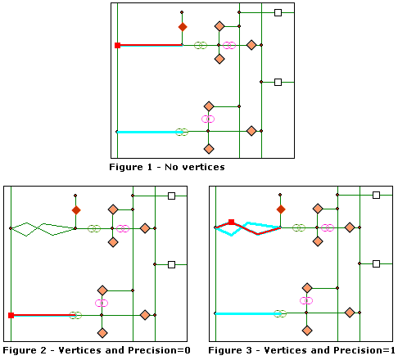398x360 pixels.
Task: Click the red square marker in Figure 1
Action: tap(118, 45)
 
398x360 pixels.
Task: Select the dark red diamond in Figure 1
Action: tap(182, 27)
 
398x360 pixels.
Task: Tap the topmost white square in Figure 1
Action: tap(278, 13)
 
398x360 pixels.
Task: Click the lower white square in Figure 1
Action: tap(278, 82)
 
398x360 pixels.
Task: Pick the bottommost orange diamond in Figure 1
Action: tap(208, 149)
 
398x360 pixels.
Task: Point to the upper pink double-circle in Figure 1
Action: tap(229, 45)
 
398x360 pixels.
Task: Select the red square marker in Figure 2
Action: tap(11, 315)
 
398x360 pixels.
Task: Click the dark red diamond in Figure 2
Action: tap(75, 210)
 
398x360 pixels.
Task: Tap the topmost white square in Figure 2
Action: tap(171, 196)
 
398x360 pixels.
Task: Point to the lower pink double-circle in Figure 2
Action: tap(102, 303)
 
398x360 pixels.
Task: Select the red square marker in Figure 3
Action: tap(232, 222)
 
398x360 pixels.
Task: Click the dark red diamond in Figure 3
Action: tap(280, 209)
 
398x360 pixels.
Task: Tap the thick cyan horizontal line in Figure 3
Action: tap(246, 313)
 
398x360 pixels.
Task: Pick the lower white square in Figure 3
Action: tap(376, 264)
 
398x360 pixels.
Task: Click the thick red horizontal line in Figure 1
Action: tap(152, 45)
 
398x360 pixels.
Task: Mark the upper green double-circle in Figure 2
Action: tap(94, 228)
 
